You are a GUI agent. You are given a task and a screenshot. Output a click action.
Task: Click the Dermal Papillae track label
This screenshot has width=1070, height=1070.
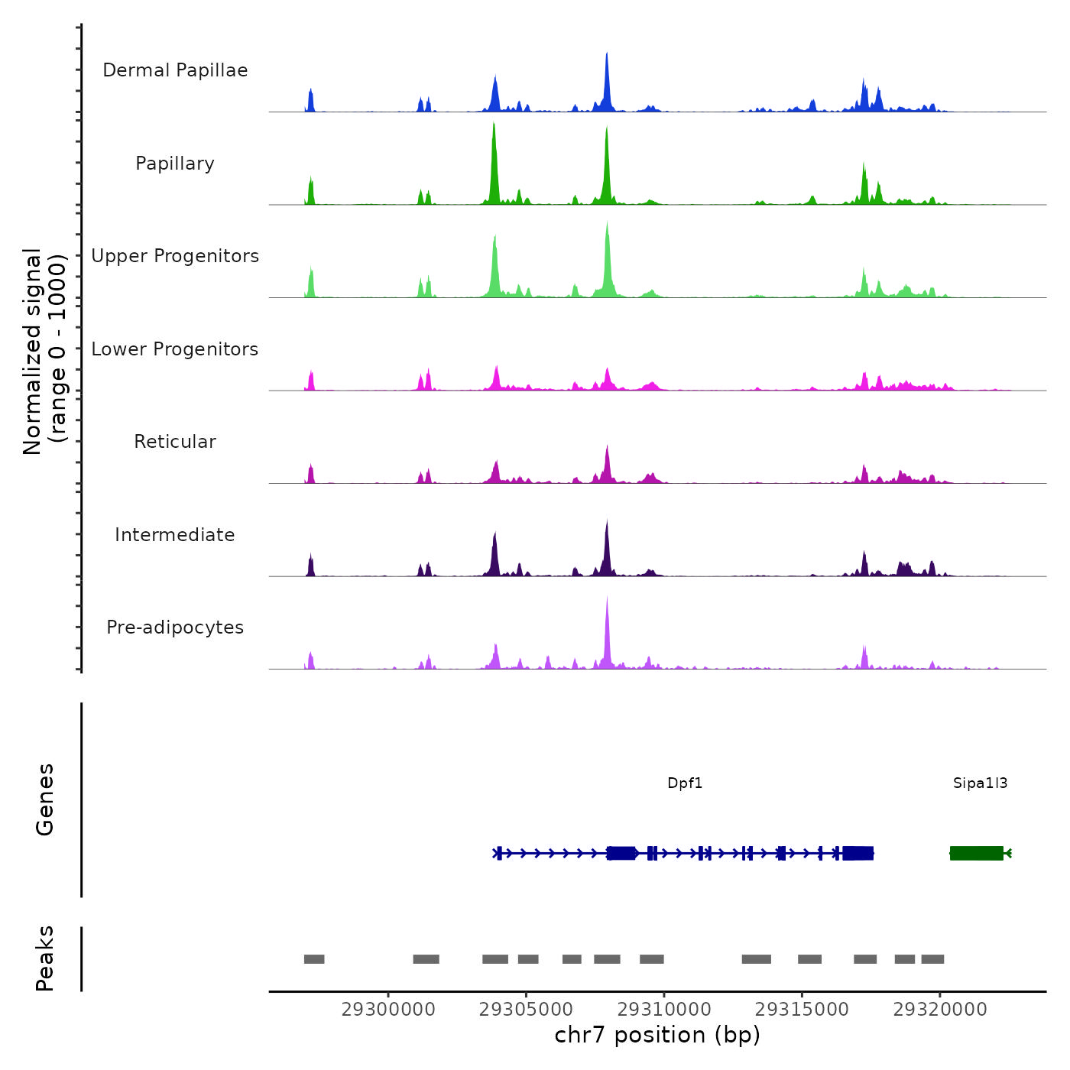pyautogui.click(x=175, y=70)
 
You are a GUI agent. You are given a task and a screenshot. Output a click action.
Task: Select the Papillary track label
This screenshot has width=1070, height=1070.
pyautogui.click(x=175, y=164)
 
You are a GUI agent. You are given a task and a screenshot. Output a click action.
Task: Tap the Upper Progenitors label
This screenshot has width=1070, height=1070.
pyautogui.click(x=175, y=256)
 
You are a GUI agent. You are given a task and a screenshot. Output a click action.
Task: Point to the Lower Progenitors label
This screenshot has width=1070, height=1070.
pyautogui.click(x=175, y=349)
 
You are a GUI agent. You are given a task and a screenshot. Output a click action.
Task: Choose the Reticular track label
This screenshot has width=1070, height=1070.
pyautogui.click(x=175, y=442)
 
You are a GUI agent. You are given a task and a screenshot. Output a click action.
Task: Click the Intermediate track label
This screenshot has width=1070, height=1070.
pyautogui.click(x=175, y=535)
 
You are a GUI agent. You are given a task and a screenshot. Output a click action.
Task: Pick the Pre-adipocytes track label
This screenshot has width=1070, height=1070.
pyautogui.click(x=175, y=627)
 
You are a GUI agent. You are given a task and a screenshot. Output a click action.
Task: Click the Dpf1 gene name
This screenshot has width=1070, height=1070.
pyautogui.click(x=685, y=783)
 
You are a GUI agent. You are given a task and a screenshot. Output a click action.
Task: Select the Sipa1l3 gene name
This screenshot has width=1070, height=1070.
pyautogui.click(x=980, y=783)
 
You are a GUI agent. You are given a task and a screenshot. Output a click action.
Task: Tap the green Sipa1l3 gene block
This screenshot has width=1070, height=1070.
pyautogui.click(x=976, y=853)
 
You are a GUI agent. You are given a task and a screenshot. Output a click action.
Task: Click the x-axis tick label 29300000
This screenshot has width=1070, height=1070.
pyautogui.click(x=388, y=1010)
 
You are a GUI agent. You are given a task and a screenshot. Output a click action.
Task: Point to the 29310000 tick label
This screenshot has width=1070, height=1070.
pyautogui.click(x=664, y=1010)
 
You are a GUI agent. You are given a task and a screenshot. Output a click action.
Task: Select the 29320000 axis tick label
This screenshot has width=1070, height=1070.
pyautogui.click(x=940, y=1010)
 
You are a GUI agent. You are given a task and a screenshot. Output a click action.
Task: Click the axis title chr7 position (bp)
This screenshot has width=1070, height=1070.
pyautogui.click(x=657, y=1035)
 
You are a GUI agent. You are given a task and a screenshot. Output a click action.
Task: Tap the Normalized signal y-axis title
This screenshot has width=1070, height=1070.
pyautogui.click(x=44, y=351)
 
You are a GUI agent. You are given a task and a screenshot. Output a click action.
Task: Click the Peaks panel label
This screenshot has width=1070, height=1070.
pyautogui.click(x=45, y=958)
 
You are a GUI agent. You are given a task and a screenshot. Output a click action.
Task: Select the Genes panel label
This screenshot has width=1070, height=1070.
pyautogui.click(x=45, y=799)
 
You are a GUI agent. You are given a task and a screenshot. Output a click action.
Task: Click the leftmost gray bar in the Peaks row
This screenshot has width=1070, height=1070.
pyautogui.click(x=314, y=959)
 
